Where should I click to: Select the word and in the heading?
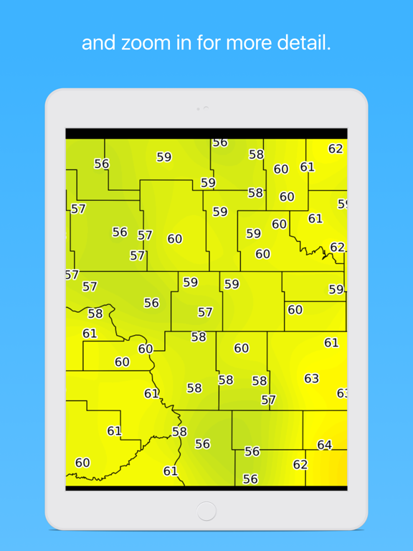[x=99, y=43]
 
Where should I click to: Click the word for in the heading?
[x=212, y=43]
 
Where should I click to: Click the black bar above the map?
[x=206, y=133]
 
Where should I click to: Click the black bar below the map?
[x=206, y=489]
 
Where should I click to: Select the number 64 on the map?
[x=325, y=445]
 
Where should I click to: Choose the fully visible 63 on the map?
[x=311, y=378]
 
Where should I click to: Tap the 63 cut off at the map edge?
[x=343, y=393]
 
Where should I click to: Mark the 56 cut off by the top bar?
[x=220, y=143]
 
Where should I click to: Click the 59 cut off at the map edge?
[x=343, y=204]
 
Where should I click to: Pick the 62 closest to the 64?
[x=300, y=464]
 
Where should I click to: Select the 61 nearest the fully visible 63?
[x=331, y=343]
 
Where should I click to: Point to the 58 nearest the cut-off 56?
[x=256, y=154]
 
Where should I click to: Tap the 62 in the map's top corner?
[x=336, y=149]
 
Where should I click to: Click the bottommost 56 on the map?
[x=250, y=479]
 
